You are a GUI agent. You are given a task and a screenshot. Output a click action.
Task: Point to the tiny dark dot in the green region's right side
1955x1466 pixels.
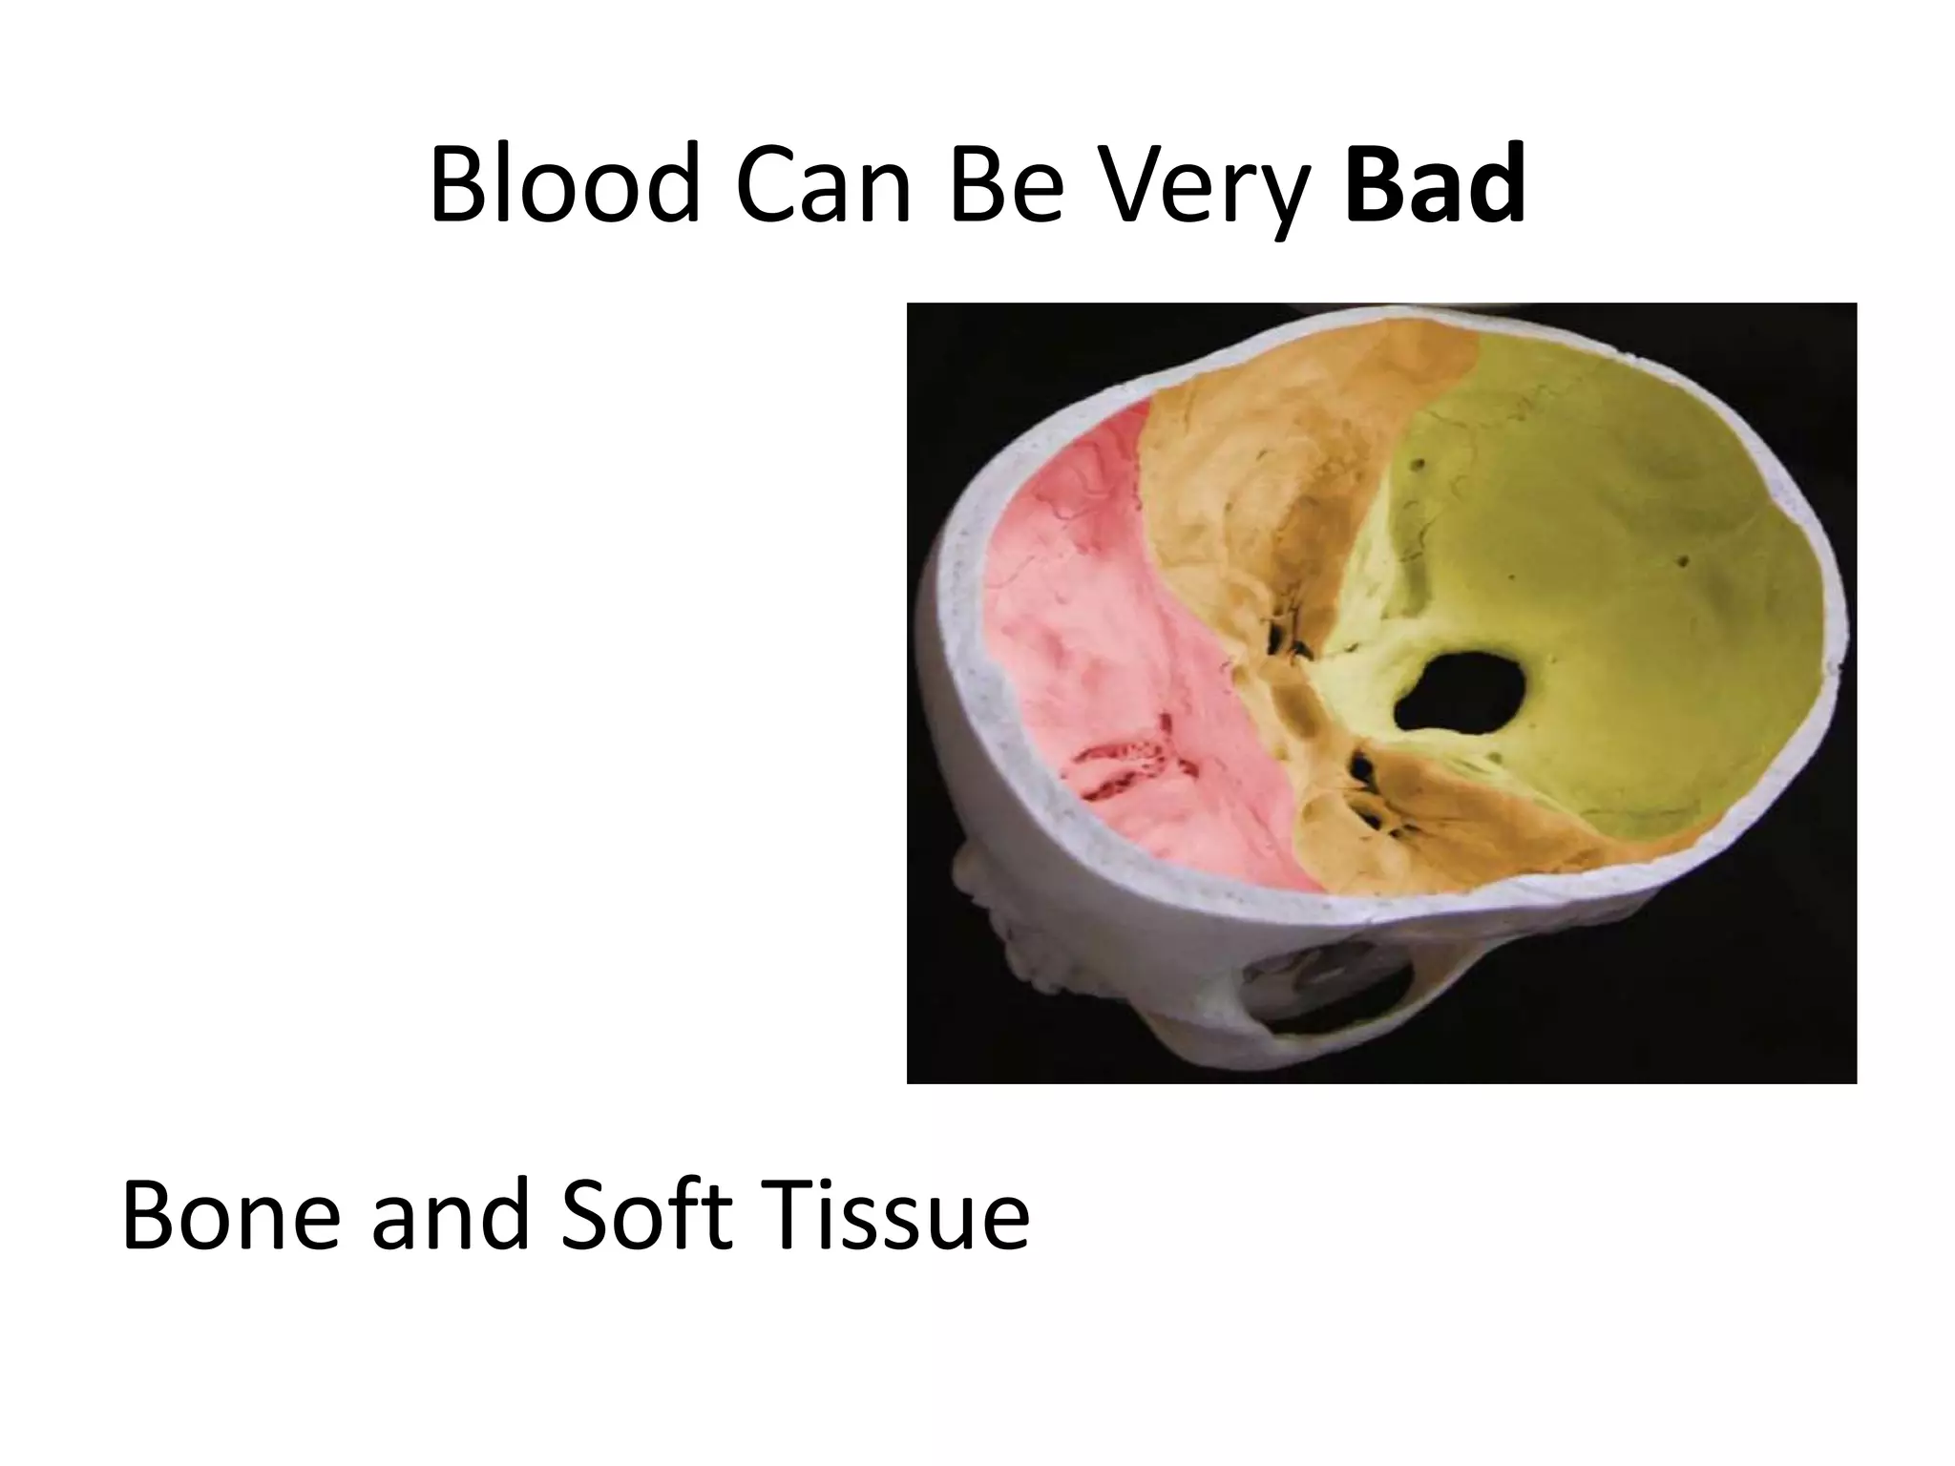pos(1684,561)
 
